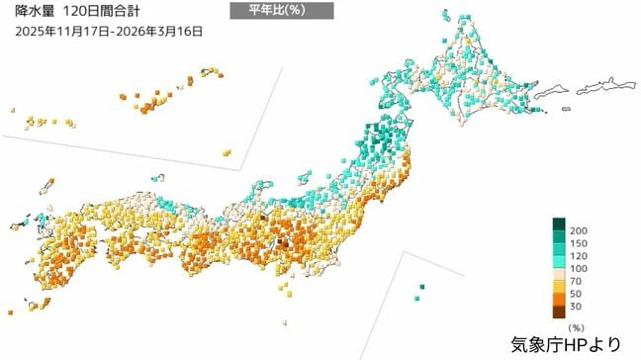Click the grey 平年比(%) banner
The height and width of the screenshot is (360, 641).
[281, 11]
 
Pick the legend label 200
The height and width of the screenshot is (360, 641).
[580, 231]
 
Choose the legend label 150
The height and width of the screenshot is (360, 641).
[580, 244]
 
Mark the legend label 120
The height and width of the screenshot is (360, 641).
[580, 257]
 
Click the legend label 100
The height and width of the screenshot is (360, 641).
[580, 270]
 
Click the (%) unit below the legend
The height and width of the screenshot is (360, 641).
[574, 325]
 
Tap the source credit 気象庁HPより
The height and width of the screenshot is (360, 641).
[567, 345]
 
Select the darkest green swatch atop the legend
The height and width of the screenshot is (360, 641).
[559, 225]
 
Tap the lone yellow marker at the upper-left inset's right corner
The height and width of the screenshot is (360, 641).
[227, 152]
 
